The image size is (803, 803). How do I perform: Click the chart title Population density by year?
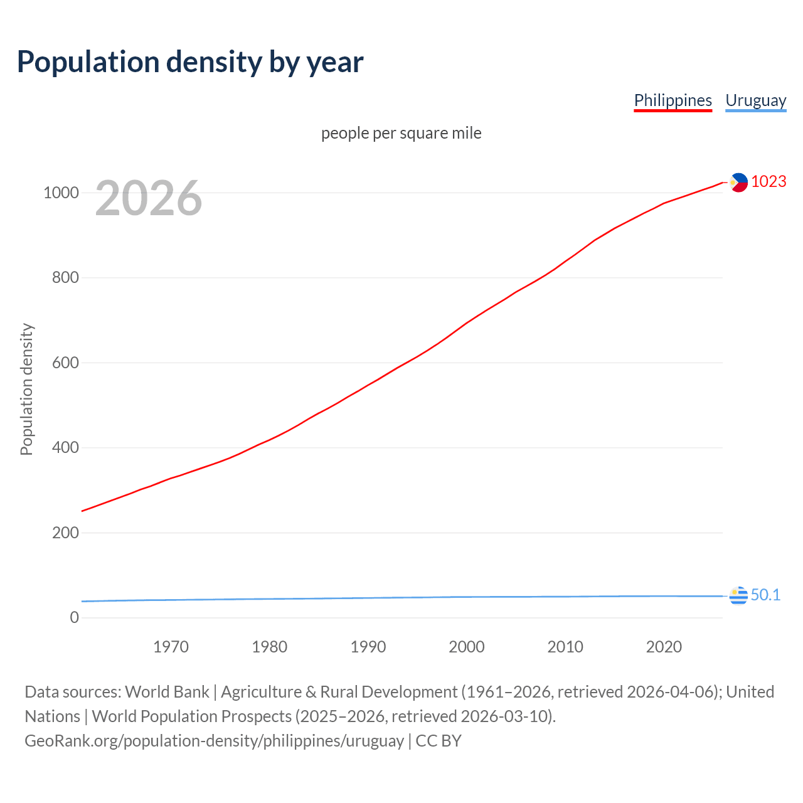[x=190, y=62]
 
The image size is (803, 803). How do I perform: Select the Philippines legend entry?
[x=673, y=100]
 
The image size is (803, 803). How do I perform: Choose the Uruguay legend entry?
[x=755, y=100]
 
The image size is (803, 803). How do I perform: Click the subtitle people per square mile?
[x=401, y=133]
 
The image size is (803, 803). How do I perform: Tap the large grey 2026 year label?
[x=149, y=198]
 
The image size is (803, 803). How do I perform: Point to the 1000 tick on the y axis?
[x=61, y=193]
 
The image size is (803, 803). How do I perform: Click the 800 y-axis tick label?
[x=65, y=277]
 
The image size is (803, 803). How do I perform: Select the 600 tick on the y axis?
[x=65, y=363]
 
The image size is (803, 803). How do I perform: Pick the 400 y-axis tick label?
[x=65, y=447]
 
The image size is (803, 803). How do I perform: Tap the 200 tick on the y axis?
[x=65, y=533]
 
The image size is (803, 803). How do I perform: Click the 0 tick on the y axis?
[x=75, y=617]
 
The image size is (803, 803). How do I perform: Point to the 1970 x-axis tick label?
[x=171, y=647]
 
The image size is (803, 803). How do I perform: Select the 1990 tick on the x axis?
[x=368, y=647]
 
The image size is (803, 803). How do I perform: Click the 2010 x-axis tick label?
[x=565, y=647]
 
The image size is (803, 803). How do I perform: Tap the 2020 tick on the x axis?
[x=664, y=647]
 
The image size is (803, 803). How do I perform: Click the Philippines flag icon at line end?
[x=738, y=183]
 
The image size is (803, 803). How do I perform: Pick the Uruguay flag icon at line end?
[x=738, y=595]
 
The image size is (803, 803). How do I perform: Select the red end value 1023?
[x=768, y=181]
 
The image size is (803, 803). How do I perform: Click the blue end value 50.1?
[x=765, y=595]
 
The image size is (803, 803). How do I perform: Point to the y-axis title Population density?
[x=26, y=389]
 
